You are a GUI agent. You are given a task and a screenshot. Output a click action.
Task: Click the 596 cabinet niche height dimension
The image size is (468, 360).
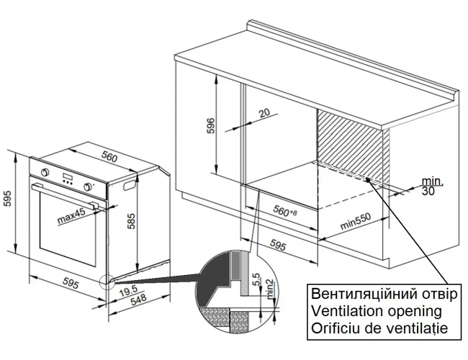(210, 126)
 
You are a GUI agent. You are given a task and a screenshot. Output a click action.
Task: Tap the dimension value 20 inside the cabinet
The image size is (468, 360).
(264, 113)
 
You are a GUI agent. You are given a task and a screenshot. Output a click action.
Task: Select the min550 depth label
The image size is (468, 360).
(356, 221)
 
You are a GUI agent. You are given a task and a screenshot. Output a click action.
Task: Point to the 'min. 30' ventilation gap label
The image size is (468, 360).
(432, 186)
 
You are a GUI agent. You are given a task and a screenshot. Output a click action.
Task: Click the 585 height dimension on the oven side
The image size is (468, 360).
(131, 221)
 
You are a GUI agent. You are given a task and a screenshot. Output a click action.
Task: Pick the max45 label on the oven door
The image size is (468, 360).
(71, 216)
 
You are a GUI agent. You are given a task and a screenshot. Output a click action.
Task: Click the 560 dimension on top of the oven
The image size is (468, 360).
(109, 156)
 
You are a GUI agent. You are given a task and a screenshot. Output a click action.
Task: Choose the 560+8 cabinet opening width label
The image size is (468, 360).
(285, 212)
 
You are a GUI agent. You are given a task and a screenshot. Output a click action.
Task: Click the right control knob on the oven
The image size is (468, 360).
(88, 186)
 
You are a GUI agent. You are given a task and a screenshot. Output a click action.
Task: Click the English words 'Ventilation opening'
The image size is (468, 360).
(377, 311)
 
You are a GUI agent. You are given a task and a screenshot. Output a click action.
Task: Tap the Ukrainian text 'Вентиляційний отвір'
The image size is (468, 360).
(384, 294)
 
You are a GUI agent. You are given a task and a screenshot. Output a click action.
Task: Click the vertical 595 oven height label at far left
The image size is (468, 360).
(7, 198)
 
